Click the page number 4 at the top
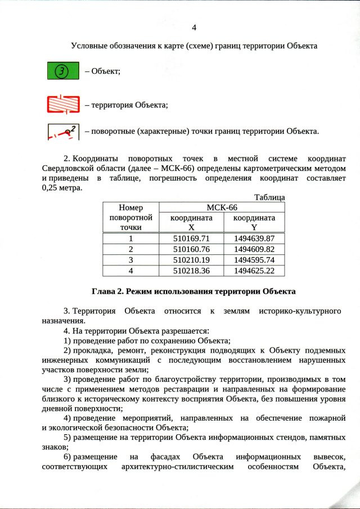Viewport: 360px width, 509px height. point(194,28)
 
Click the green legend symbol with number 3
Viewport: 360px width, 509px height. point(63,71)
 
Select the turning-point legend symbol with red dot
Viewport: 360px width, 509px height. point(63,132)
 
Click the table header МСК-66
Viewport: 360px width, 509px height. point(222,208)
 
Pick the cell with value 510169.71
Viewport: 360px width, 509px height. point(191,238)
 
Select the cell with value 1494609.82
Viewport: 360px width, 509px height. point(254,249)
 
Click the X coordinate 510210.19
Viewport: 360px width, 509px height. point(191,260)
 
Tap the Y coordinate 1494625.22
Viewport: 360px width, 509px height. point(254,271)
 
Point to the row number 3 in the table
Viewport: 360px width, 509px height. point(131,260)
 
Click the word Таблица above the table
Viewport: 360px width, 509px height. point(269,197)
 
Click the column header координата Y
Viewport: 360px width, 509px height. point(254,222)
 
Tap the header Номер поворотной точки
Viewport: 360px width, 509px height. point(131,217)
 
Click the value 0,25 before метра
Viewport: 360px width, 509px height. point(52,188)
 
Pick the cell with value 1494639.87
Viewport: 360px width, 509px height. point(254,238)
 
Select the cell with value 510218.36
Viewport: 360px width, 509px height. point(191,271)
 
